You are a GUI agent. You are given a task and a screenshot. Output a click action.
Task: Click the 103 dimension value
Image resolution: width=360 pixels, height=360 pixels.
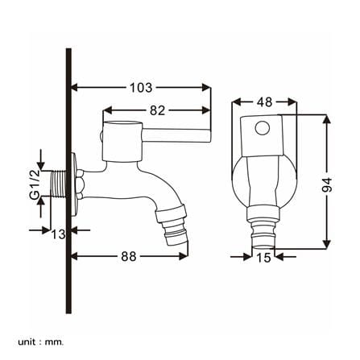(x=141, y=88)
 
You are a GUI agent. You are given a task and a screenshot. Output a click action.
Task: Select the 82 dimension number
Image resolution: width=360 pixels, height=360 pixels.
(x=157, y=110)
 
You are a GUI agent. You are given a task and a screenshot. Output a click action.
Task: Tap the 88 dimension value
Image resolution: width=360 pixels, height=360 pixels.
(x=129, y=256)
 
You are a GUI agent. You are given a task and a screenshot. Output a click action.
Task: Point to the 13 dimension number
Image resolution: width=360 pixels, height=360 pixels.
(x=58, y=234)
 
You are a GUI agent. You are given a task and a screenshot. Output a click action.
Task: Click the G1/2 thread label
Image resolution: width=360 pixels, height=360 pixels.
(x=35, y=184)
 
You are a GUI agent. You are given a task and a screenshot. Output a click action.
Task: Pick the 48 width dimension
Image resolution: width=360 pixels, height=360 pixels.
(x=264, y=102)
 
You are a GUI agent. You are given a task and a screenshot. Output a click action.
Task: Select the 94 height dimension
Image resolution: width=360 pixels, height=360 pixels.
(x=327, y=184)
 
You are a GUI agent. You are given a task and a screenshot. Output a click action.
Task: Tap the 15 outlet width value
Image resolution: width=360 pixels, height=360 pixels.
(x=263, y=258)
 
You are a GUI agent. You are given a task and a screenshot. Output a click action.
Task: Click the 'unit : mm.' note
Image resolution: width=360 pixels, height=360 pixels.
(x=41, y=334)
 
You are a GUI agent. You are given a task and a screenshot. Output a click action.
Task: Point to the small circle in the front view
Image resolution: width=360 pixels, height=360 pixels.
(x=263, y=128)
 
